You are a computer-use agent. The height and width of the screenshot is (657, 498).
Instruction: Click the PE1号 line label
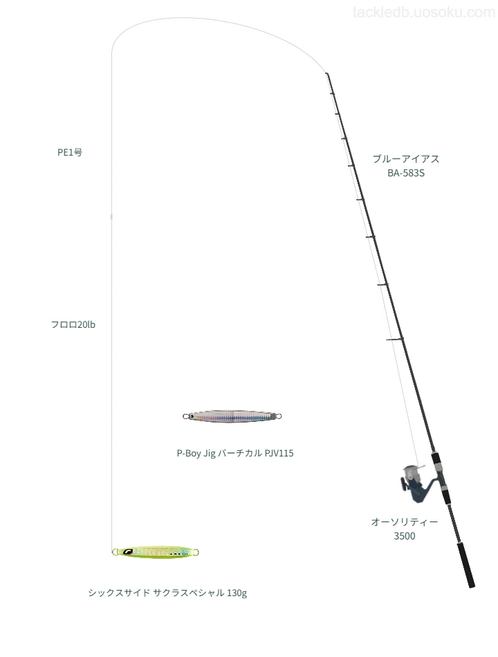coord(70,152)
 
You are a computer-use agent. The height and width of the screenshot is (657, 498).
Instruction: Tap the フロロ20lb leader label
coord(73,324)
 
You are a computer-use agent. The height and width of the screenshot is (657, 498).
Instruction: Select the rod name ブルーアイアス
coord(406,159)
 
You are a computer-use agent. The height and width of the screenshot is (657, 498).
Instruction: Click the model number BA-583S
coord(406,173)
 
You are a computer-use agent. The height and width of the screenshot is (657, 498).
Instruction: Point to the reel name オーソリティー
coord(404,521)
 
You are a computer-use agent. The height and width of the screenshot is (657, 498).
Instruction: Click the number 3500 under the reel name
coord(404,536)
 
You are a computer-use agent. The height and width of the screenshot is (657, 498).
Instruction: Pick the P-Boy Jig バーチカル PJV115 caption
coord(234,453)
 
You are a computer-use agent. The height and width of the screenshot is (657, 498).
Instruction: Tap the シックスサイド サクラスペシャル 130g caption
coord(167,593)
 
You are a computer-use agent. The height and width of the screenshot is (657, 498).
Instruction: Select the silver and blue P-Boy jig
coord(232,416)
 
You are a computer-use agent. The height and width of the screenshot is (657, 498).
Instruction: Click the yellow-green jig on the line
coord(155,552)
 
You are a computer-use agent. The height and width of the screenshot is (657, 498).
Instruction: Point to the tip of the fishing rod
coord(326,74)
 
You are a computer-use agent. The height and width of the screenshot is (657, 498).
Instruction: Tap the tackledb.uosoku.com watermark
coord(423,12)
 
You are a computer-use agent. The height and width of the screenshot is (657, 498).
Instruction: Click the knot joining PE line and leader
coord(111,216)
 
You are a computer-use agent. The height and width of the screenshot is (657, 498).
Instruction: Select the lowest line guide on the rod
coord(395,339)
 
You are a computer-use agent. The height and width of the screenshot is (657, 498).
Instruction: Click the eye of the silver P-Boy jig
coord(191,416)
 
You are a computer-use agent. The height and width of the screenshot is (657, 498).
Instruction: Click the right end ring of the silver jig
coord(278,416)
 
